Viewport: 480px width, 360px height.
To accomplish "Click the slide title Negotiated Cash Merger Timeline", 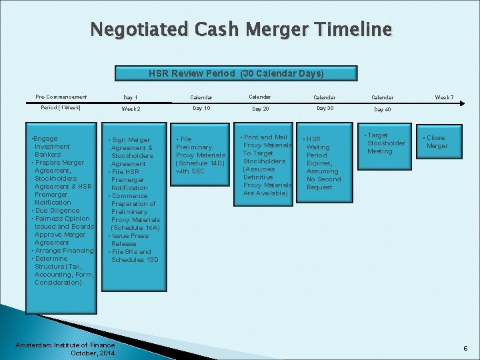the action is tap(241, 30).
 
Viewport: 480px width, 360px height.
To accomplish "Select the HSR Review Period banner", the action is tap(236, 73).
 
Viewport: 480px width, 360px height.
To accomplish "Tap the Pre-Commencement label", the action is tap(61, 97).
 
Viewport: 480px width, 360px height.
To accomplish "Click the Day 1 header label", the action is tap(131, 98).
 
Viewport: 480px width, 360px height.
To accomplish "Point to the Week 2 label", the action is tap(131, 109).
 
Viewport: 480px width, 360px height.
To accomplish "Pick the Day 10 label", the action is tap(201, 108).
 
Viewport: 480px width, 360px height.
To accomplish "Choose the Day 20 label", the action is tap(260, 109).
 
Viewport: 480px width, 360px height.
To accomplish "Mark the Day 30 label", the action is tap(325, 108).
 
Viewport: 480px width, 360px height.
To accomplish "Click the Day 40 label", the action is tap(383, 109).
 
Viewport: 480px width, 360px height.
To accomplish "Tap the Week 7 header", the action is tap(444, 98).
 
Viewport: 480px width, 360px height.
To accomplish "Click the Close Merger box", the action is tap(437, 142).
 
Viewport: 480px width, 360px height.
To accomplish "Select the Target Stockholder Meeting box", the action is tap(386, 143).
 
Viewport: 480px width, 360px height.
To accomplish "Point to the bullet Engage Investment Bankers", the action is tap(51, 147).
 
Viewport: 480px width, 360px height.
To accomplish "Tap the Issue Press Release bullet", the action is tap(129, 240).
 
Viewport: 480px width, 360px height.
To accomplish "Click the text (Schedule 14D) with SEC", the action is tap(200, 167).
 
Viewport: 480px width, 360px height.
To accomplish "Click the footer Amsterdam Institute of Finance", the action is tap(65, 345).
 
